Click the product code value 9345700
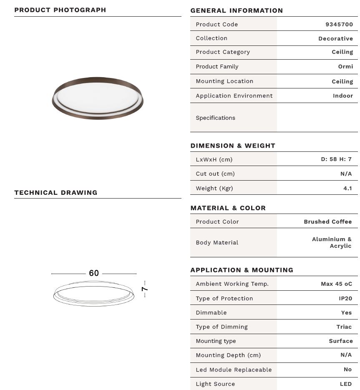[x=339, y=24]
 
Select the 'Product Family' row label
[x=217, y=66]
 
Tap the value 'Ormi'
[x=345, y=66]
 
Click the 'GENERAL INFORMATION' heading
[x=237, y=10]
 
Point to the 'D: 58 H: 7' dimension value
[x=336, y=159]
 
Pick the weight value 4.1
[x=347, y=188]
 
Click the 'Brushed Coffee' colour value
[x=327, y=221]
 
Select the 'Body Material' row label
[x=217, y=242]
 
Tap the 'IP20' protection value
[x=345, y=298]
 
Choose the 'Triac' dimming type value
[x=344, y=327]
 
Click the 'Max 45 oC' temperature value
[x=336, y=284]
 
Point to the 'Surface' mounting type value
[x=340, y=341]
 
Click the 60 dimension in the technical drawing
[x=94, y=273]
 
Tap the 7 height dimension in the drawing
[x=144, y=289]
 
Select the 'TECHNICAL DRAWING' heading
[x=56, y=192]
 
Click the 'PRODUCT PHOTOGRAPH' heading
[x=60, y=10]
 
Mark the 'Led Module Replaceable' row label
[x=234, y=370]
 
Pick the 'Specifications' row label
[x=215, y=118]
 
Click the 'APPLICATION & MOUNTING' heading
[x=242, y=270]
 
